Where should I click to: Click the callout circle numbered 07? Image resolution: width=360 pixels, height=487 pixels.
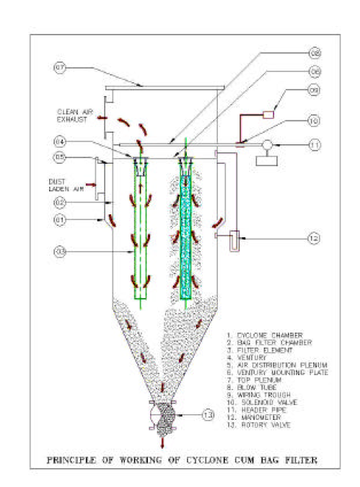click(61, 69)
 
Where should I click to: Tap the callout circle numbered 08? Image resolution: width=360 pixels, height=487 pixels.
click(315, 53)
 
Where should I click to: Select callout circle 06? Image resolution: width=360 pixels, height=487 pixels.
click(315, 71)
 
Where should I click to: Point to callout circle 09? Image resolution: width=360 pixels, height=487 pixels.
click(315, 91)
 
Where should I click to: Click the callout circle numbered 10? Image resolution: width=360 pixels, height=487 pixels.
click(315, 120)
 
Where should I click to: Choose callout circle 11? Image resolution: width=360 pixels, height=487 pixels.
click(315, 145)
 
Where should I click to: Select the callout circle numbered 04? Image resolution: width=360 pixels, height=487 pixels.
click(61, 141)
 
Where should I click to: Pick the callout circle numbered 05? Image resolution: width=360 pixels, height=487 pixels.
click(61, 157)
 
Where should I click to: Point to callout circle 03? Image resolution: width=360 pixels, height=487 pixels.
click(61, 251)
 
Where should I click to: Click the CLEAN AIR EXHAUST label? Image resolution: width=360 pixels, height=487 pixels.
click(74, 115)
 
